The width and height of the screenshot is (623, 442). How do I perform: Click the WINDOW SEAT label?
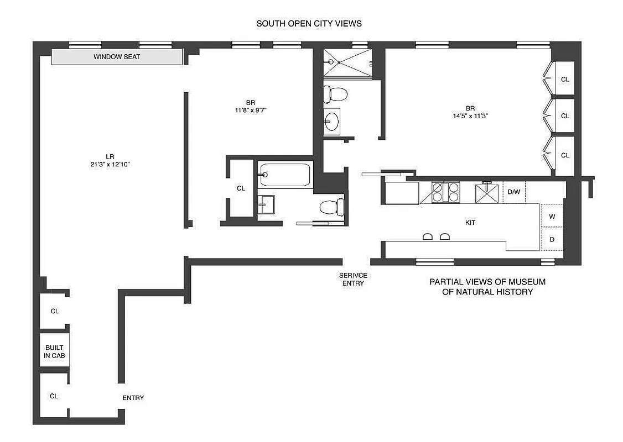pos(117,57)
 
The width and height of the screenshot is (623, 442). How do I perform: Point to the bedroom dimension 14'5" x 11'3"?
pos(470,116)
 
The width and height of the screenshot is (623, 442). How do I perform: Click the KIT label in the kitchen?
pos(470,223)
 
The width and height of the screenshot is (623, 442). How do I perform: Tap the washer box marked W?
pos(552,217)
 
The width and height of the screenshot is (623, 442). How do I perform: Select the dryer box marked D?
pos(552,239)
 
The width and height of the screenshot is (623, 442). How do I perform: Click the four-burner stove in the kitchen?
pos(445,193)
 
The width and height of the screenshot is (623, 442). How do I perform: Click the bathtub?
pos(285,175)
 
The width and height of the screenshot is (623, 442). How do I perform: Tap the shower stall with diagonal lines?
pos(346,62)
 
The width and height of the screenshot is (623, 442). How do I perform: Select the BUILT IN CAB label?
pos(54,352)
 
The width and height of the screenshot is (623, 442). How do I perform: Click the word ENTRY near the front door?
pos(133,398)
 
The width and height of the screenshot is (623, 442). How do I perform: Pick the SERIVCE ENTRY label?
pos(353,280)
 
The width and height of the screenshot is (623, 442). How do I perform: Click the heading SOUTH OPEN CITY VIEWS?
pos(309,24)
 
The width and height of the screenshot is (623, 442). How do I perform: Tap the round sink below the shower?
pos(332,121)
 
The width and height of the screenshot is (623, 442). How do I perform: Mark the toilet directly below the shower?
pos(335,93)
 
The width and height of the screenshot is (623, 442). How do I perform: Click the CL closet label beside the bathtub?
pos(241,188)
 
